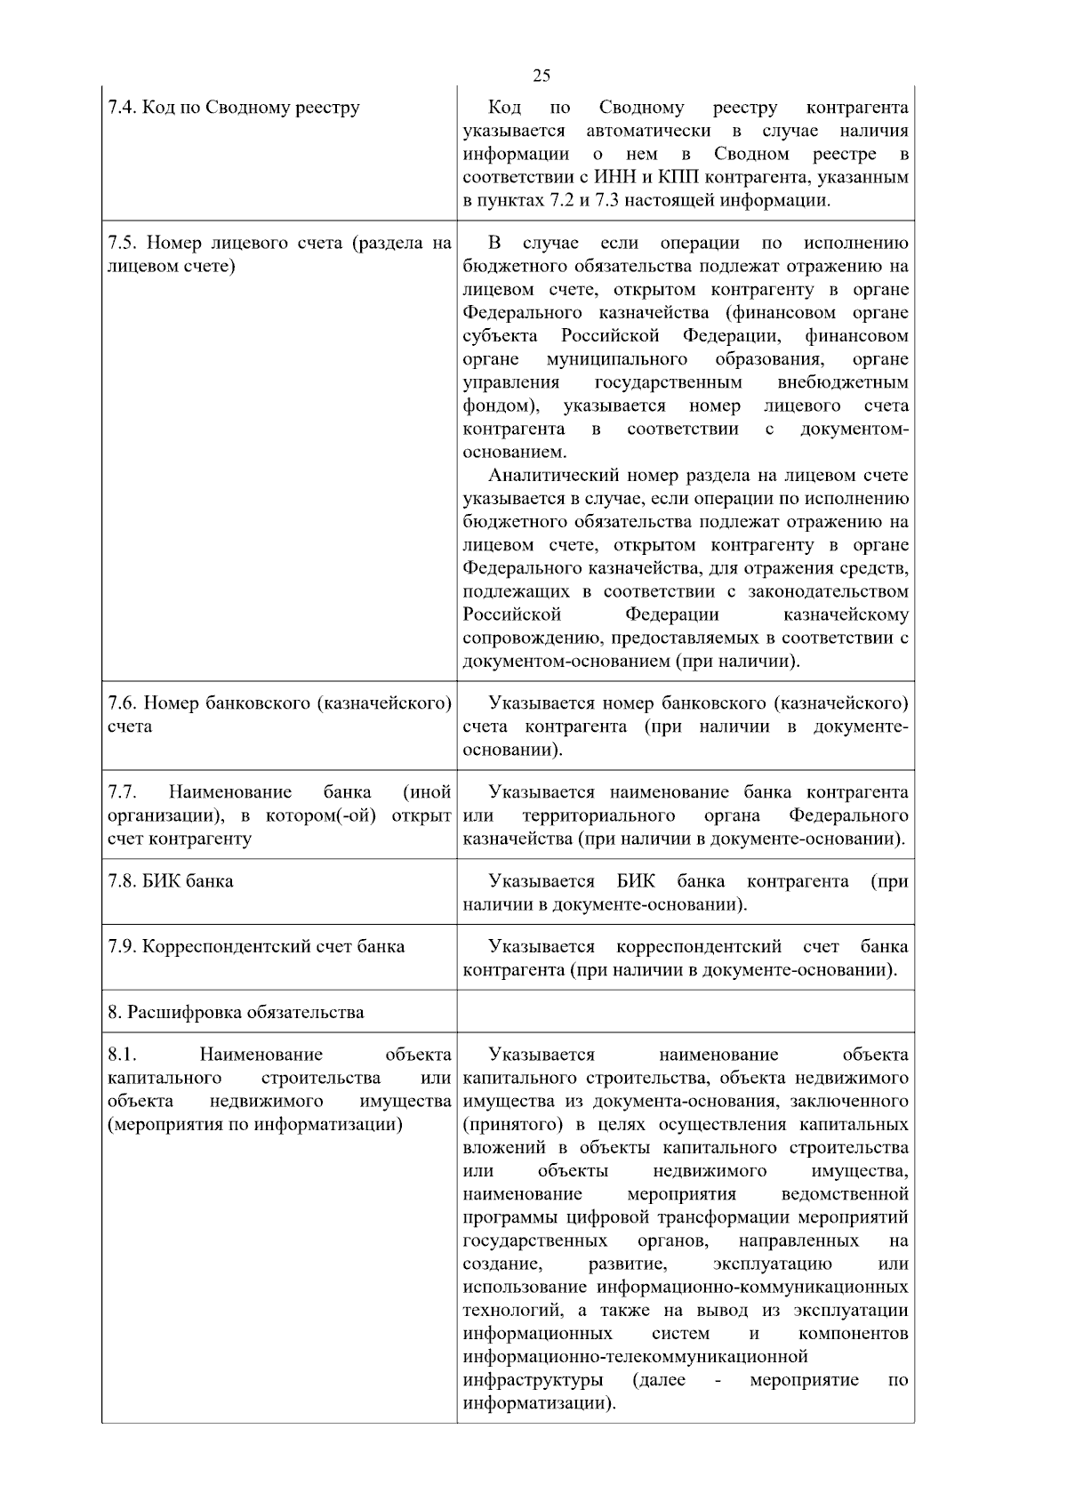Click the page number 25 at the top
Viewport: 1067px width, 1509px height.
click(x=542, y=75)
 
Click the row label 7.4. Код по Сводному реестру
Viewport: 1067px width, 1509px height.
click(x=233, y=108)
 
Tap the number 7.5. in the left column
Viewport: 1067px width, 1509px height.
click(x=122, y=243)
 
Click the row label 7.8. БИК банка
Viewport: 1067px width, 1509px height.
click(x=171, y=881)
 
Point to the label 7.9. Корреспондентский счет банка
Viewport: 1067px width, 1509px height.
click(x=256, y=946)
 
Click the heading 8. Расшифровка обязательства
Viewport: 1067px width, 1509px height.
click(x=236, y=1012)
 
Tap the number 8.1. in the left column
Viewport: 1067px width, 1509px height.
click(x=122, y=1055)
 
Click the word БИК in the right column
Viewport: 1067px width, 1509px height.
click(x=636, y=881)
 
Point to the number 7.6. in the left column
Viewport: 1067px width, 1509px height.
click(x=122, y=703)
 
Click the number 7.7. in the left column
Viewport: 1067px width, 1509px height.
click(x=122, y=792)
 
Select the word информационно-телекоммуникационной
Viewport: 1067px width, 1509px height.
click(x=635, y=1357)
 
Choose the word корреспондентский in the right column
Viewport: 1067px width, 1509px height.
click(x=698, y=946)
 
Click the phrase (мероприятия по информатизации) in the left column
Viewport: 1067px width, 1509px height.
click(x=254, y=1125)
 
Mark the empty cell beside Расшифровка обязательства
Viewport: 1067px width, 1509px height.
click(x=685, y=1012)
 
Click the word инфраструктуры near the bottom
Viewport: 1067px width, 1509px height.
click(x=533, y=1380)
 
